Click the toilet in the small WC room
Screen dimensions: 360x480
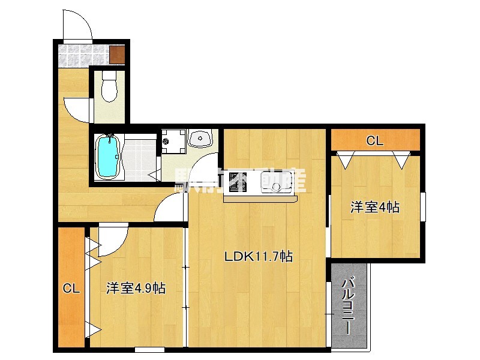(109, 87)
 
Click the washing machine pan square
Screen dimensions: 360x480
(173, 142)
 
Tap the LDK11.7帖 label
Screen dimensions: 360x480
(259, 256)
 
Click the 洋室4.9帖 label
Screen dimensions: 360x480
(136, 288)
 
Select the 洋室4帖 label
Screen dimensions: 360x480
(375, 207)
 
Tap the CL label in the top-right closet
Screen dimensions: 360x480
(375, 142)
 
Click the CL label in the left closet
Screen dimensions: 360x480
(71, 289)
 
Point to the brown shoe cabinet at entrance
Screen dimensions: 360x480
(117, 55)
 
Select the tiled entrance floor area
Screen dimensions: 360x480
(84, 55)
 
